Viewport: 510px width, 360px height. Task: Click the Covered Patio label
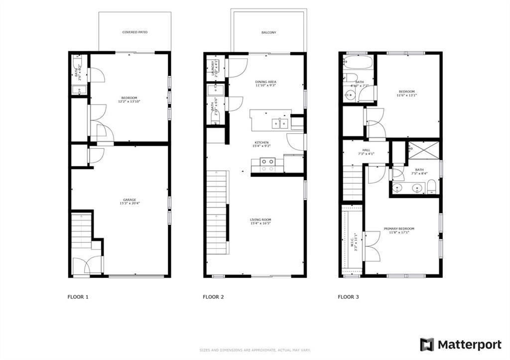[x=135, y=32]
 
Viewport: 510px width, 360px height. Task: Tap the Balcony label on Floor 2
[x=268, y=33]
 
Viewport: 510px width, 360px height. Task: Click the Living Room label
[x=260, y=221]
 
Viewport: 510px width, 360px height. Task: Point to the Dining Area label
[x=265, y=84]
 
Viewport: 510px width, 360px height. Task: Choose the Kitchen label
[x=262, y=144]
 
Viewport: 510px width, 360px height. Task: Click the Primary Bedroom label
[x=398, y=231]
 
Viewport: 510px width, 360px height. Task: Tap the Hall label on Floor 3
[x=366, y=152]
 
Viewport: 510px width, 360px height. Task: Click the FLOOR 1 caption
[x=78, y=297]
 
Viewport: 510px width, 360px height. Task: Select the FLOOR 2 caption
[x=213, y=297]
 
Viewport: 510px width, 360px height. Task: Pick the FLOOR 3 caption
[x=348, y=297]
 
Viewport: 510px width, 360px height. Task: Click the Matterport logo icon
[x=427, y=344]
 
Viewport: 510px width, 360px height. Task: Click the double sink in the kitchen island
[x=279, y=123]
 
